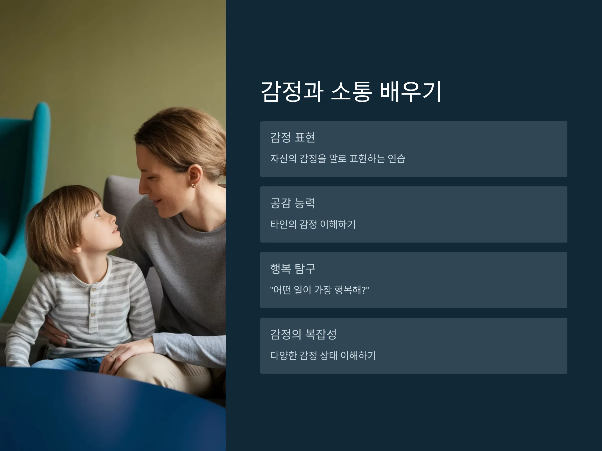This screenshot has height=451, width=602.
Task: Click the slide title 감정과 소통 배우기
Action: (x=351, y=91)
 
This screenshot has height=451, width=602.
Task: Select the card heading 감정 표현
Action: (x=292, y=137)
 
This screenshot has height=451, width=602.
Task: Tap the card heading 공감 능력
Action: (x=292, y=203)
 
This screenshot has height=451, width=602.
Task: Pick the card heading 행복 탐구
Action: (x=292, y=269)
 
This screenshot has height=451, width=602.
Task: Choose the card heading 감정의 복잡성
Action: (x=303, y=334)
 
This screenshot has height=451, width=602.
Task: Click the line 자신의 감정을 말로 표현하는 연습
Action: (x=338, y=159)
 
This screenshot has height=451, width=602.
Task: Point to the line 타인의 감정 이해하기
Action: (x=313, y=224)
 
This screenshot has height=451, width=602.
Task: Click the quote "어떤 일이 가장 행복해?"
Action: (x=320, y=290)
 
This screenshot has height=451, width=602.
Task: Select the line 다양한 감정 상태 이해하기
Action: (x=323, y=356)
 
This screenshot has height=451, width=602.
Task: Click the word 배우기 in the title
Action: (x=411, y=91)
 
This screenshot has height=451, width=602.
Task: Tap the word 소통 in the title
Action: (x=351, y=91)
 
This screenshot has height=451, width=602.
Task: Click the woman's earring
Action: (x=193, y=186)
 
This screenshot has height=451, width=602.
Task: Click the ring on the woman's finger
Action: (x=112, y=356)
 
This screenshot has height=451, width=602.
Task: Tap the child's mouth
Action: (x=116, y=230)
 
